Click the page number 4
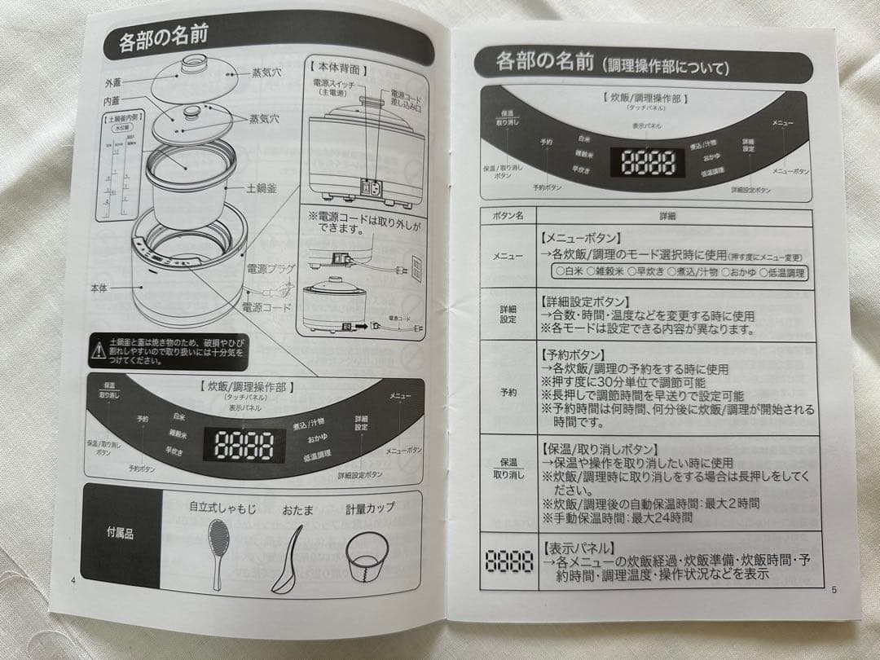74,579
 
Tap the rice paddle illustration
218,550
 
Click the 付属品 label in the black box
121,535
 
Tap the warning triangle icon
95,352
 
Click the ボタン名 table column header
508,217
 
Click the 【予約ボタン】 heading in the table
574,355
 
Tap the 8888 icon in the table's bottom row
509,561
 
